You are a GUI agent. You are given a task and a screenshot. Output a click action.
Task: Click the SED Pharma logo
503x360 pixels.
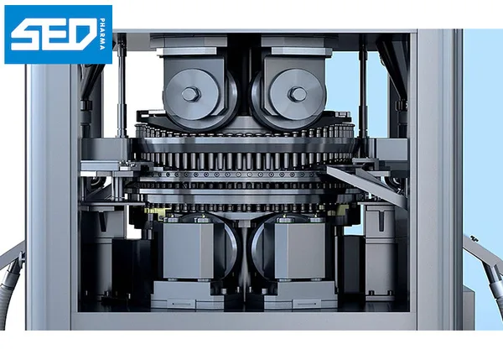tap(59, 34)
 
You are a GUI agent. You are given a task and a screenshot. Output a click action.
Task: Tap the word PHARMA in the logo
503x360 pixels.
tap(102, 34)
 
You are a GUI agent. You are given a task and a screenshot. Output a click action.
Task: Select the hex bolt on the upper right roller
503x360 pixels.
tap(298, 94)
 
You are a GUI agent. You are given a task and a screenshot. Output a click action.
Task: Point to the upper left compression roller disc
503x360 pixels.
tap(192, 95)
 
